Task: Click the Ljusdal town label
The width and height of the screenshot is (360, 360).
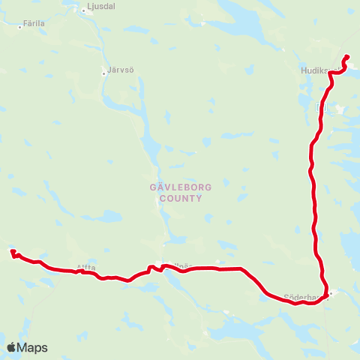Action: click(102, 6)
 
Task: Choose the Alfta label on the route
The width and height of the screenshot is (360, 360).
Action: click(85, 267)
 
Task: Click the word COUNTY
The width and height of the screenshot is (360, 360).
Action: click(174, 199)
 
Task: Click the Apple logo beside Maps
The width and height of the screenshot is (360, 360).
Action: click(13, 347)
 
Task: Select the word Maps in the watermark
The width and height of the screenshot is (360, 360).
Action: click(33, 347)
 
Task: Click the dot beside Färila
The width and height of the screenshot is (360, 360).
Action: click(20, 26)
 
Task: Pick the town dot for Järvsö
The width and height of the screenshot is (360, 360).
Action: click(105, 73)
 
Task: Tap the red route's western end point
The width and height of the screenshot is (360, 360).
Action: click(12, 252)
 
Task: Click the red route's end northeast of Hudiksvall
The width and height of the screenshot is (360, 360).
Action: click(347, 57)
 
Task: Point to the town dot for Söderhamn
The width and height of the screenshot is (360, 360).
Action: click(331, 294)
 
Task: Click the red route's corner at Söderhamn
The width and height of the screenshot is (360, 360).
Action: click(327, 293)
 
